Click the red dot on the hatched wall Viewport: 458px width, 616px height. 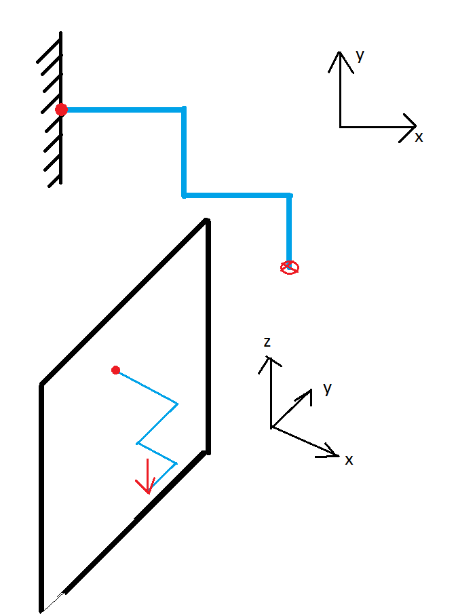coord(62,109)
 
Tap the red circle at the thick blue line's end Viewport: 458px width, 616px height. coord(290,267)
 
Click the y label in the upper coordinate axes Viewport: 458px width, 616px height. coord(360,56)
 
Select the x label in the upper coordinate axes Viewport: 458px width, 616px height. coord(419,137)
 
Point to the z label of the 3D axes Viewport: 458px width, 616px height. coord(267,342)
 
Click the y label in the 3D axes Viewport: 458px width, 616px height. coord(328,389)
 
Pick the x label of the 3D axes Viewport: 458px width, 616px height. coord(349,460)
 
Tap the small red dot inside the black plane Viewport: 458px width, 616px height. coord(115,370)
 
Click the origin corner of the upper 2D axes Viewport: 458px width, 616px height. coord(340,127)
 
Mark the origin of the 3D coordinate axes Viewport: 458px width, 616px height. coord(271,427)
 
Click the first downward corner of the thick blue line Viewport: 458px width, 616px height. coord(184,109)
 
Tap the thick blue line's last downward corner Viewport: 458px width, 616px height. coord(290,196)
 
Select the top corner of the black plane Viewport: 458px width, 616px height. coord(207,220)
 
